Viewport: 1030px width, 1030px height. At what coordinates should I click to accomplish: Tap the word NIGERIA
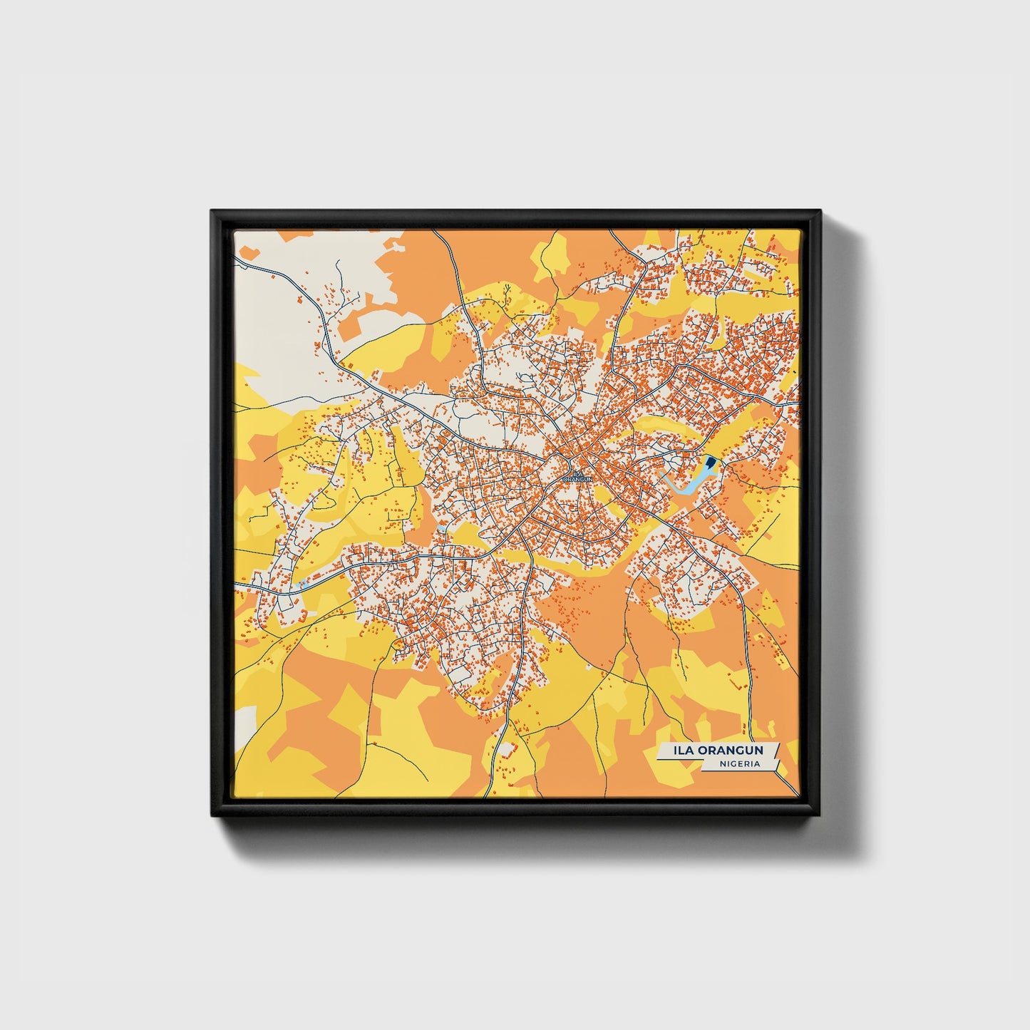[x=739, y=763]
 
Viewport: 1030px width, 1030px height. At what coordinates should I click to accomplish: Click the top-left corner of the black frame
[x=212, y=211]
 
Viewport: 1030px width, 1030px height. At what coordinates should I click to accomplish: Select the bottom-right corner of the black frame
[x=820, y=815]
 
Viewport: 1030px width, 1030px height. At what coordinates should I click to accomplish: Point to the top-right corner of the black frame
[x=820, y=211]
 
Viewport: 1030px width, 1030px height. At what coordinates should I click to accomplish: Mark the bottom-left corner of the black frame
[x=212, y=815]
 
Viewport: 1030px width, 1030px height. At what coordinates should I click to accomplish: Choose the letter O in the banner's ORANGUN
[x=702, y=751]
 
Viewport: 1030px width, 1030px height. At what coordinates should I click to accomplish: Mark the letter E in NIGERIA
[x=738, y=763]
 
